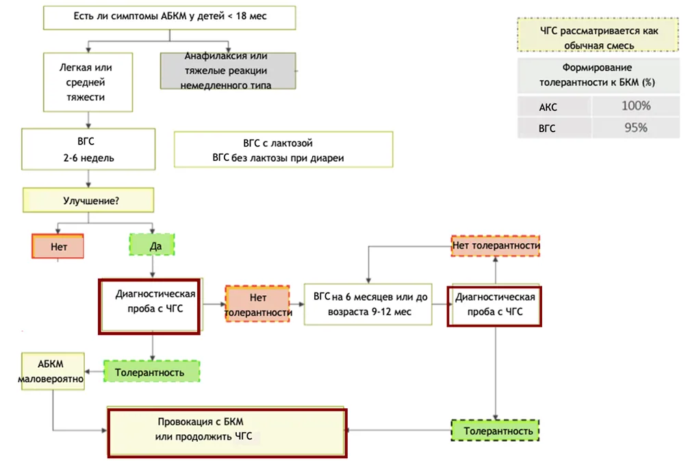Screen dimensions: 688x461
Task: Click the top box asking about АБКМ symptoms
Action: click(169, 18)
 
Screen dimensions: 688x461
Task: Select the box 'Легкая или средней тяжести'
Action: click(88, 82)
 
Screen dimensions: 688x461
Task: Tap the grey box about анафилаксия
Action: click(228, 71)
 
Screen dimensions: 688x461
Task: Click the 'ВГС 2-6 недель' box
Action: click(88, 149)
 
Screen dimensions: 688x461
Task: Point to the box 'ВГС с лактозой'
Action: click(283, 150)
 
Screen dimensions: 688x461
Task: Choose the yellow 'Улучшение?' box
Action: click(88, 200)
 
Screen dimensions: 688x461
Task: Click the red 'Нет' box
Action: click(58, 247)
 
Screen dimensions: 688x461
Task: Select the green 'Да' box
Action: click(152, 245)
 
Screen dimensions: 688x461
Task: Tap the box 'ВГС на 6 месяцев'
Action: click(368, 304)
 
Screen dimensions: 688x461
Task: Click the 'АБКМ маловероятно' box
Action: click(53, 371)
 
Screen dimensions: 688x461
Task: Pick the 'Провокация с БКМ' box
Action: click(227, 434)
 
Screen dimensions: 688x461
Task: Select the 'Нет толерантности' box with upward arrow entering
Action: click(496, 246)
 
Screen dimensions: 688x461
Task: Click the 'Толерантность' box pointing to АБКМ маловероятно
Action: click(152, 371)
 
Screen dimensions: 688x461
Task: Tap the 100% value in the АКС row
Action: click(636, 105)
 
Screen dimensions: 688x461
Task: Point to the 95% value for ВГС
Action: click(636, 128)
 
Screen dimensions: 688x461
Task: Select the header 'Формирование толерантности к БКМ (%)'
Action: click(598, 75)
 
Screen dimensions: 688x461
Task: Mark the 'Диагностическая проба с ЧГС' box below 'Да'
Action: click(150, 306)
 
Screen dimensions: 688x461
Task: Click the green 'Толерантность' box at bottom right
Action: click(496, 430)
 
